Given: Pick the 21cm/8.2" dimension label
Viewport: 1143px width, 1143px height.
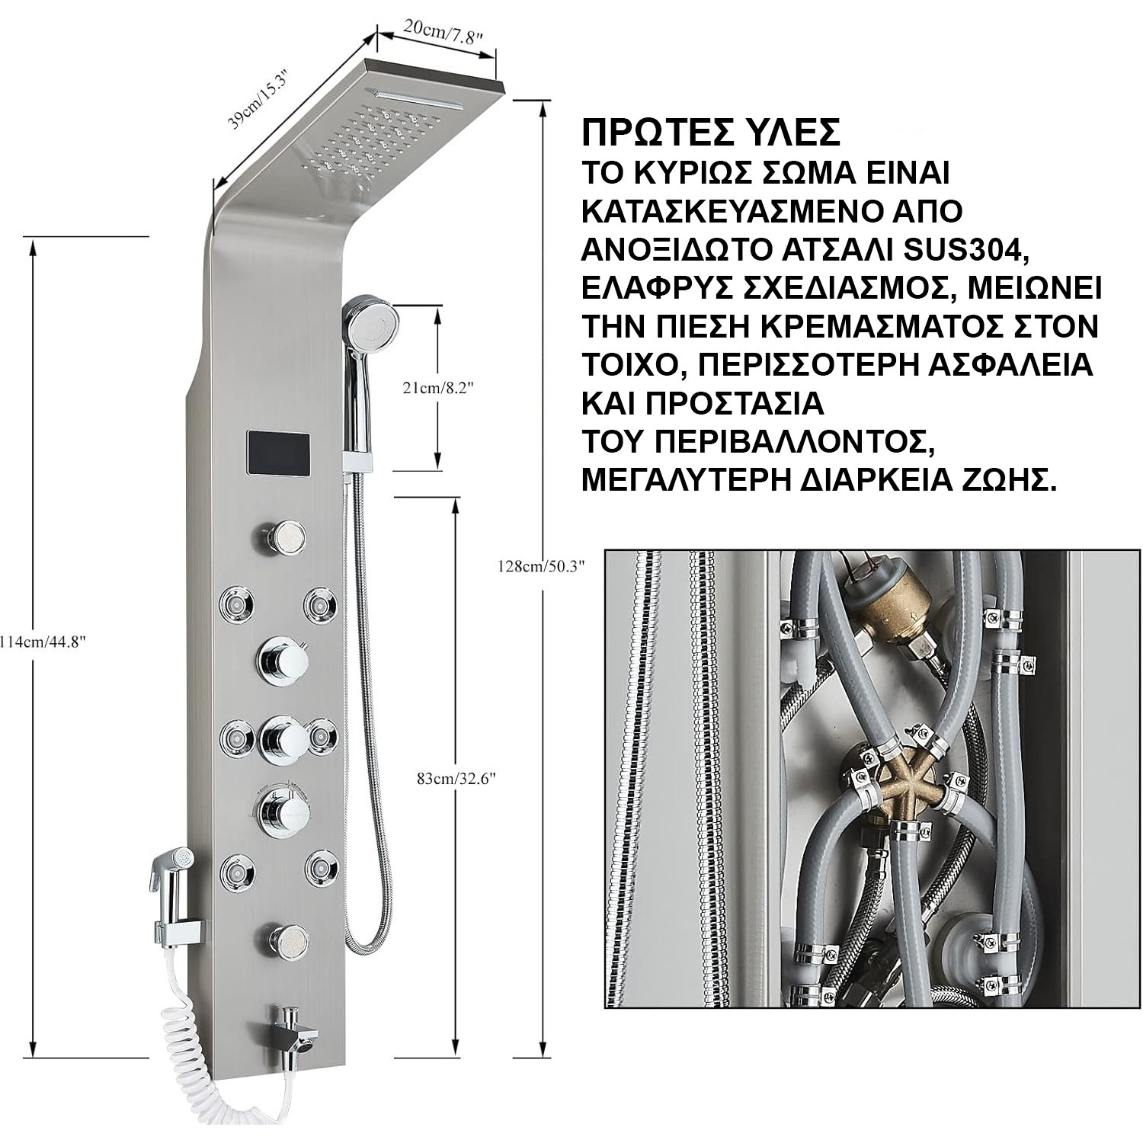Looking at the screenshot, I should (x=438, y=388).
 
